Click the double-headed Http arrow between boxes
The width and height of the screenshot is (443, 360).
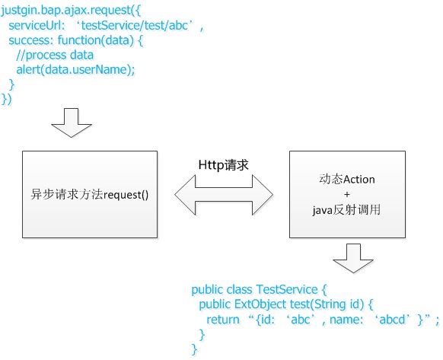(224, 195)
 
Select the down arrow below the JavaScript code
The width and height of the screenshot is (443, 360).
(72, 123)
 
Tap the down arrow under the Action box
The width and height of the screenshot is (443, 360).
(353, 258)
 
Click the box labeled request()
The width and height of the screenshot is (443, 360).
(90, 194)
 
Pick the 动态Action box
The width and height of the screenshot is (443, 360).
(347, 194)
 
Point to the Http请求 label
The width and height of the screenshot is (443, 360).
(223, 164)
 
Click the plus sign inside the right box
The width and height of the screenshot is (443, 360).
(347, 194)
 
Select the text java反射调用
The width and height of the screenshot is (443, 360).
(346, 210)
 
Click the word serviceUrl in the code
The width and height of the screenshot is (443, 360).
(35, 25)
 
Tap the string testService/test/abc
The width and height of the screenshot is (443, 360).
(134, 25)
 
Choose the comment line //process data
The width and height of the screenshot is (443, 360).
(55, 55)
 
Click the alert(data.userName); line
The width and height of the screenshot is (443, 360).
(75, 69)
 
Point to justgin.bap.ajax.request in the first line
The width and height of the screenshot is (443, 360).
(65, 11)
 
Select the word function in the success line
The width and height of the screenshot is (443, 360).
(79, 40)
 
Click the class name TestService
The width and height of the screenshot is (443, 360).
(287, 290)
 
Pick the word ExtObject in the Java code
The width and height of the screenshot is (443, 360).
(260, 304)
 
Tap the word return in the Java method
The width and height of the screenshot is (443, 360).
(223, 320)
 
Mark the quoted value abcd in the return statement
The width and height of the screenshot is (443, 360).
(392, 320)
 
